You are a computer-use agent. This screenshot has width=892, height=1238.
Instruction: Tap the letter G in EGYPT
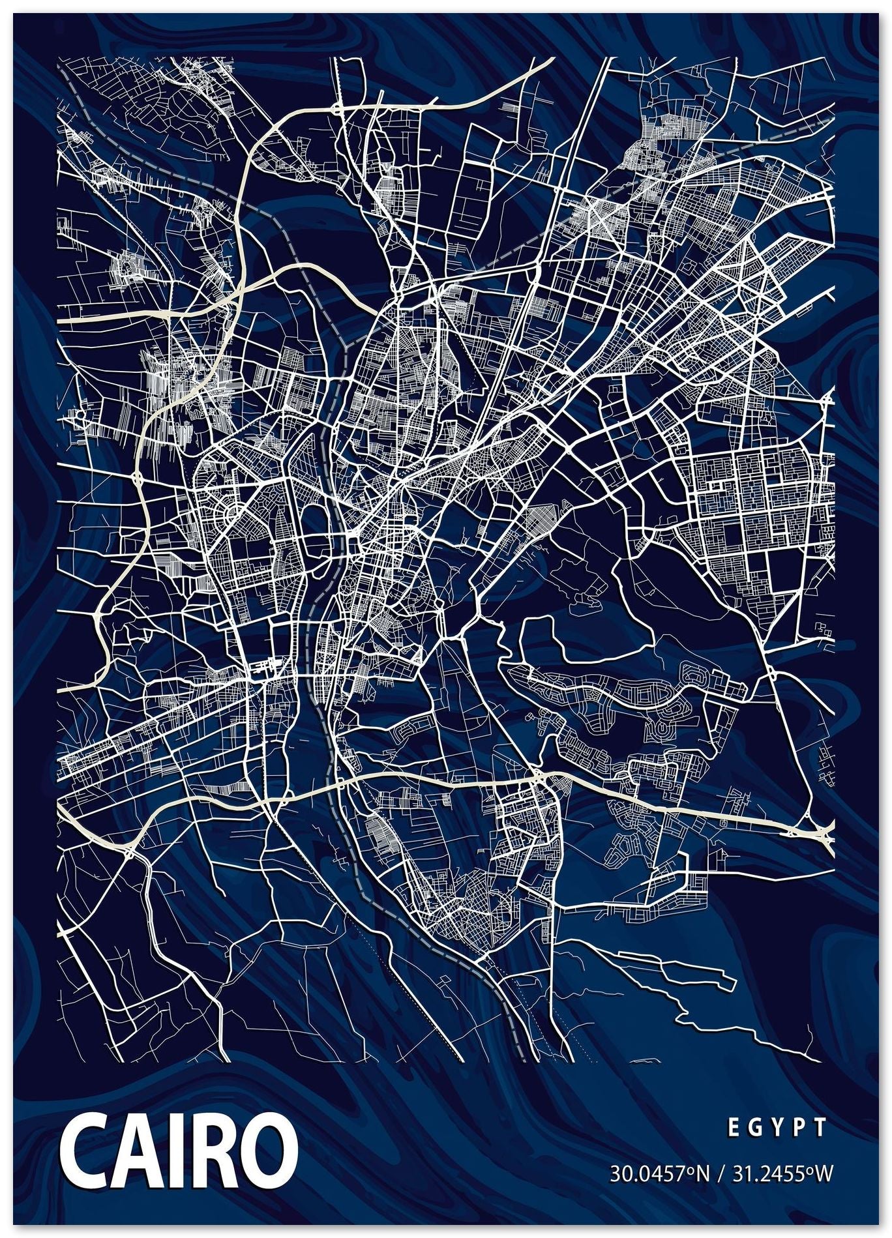click(754, 1127)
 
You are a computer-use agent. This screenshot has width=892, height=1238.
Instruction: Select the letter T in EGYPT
click(821, 1127)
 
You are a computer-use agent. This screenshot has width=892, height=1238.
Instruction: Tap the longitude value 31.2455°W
click(782, 1174)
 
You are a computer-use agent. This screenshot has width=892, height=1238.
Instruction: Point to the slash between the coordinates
click(719, 1174)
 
